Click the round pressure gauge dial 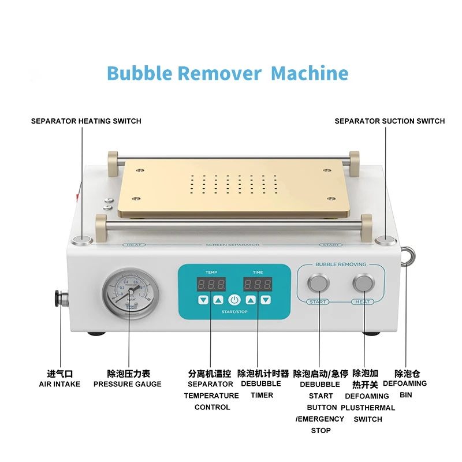pos(126,293)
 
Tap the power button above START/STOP pos(234,300)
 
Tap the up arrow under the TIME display pos(251,300)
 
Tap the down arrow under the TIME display pos(265,300)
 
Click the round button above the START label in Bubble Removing pos(318,283)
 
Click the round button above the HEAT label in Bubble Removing pos(363,283)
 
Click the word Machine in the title pos(310,73)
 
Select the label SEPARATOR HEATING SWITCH pos(86,121)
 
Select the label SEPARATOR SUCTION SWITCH pos(390,121)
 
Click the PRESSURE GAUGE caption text pos(128,384)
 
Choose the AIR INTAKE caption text pos(59,384)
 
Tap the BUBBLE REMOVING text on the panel pos(341,264)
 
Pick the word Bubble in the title pos(140,73)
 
